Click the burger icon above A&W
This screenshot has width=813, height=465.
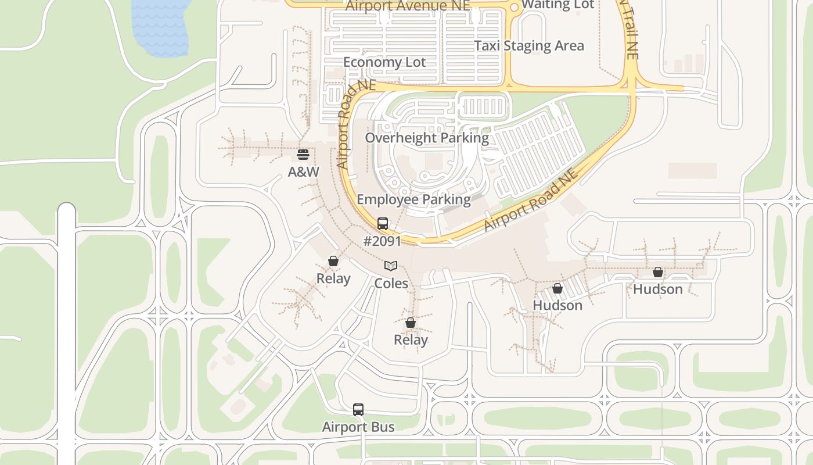(303, 155)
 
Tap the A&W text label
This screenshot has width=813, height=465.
(304, 172)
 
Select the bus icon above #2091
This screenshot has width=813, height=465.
(382, 223)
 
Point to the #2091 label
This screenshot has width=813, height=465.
(382, 241)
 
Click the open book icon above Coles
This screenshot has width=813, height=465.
(391, 266)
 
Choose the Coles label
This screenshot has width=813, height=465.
(391, 284)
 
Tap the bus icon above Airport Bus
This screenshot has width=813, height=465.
(358, 410)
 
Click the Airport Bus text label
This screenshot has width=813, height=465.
(358, 427)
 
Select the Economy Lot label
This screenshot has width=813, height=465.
(384, 62)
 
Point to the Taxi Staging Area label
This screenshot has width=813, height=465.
(529, 46)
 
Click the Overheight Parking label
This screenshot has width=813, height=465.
(427, 138)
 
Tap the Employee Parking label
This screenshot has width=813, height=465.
(413, 199)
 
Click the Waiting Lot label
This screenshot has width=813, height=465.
(557, 5)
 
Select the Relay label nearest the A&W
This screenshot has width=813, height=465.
(333, 279)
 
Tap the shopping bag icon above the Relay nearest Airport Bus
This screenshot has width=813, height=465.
(411, 323)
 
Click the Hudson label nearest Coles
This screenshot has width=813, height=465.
(557, 305)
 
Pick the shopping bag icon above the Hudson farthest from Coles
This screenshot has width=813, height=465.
(658, 271)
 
